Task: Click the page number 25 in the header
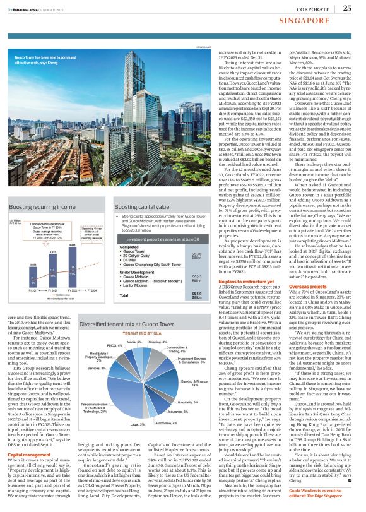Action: click(x=348, y=8)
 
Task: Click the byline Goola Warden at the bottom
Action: click(x=322, y=501)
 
